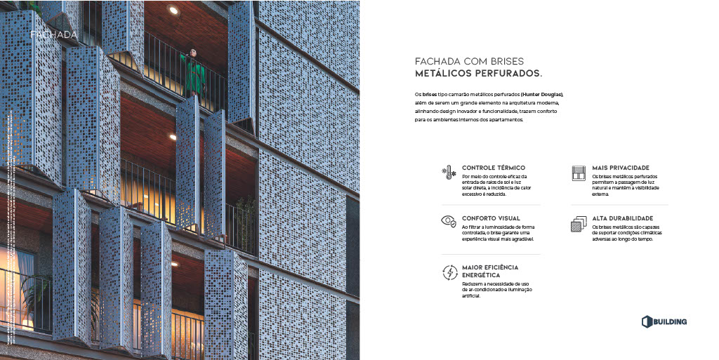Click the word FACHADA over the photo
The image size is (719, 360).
53,34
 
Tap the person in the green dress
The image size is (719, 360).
192,74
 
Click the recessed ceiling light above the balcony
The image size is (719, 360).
173,10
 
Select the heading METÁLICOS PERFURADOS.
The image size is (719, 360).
478,73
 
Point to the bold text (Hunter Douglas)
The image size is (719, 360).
541,94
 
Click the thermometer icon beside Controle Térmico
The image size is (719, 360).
449,172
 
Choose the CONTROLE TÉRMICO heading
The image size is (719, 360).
493,168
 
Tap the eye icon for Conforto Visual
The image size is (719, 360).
449,221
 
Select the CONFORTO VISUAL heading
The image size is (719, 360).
491,218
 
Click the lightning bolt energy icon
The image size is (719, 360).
449,272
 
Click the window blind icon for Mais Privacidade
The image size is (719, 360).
579,173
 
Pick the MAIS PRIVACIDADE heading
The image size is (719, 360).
620,168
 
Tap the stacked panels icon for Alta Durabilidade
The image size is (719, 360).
579,224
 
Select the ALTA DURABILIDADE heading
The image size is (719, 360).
622,218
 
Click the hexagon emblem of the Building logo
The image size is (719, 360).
647,321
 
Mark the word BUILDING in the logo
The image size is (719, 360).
671,322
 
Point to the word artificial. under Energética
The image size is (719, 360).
471,295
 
